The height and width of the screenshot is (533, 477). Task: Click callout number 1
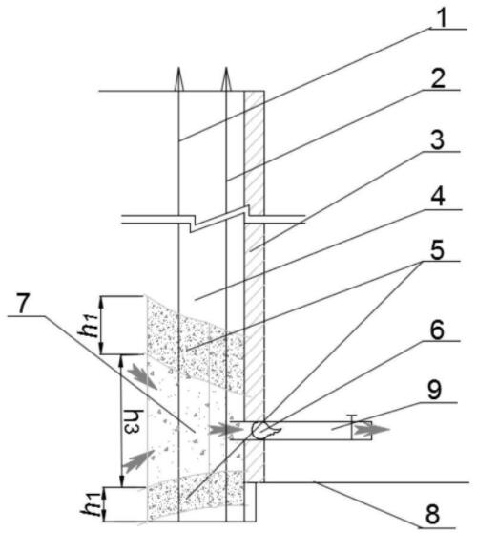(x=442, y=18)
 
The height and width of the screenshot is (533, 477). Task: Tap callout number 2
(x=438, y=78)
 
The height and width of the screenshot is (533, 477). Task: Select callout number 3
(x=437, y=139)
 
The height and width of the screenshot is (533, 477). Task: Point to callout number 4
(x=438, y=197)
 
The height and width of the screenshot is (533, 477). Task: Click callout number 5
(x=437, y=250)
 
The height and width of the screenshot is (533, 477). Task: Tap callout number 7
(x=22, y=303)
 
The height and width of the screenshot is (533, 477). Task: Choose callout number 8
(x=432, y=514)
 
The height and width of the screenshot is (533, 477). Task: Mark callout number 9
(x=434, y=391)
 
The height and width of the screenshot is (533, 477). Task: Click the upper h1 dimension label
(x=89, y=325)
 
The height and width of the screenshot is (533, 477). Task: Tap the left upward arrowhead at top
(x=179, y=79)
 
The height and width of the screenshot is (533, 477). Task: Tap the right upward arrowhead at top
(x=226, y=79)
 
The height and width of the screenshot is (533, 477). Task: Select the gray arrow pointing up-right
(x=138, y=460)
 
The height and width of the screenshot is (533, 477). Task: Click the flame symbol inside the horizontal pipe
(x=265, y=431)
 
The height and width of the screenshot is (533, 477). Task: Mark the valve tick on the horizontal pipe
(x=352, y=427)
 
